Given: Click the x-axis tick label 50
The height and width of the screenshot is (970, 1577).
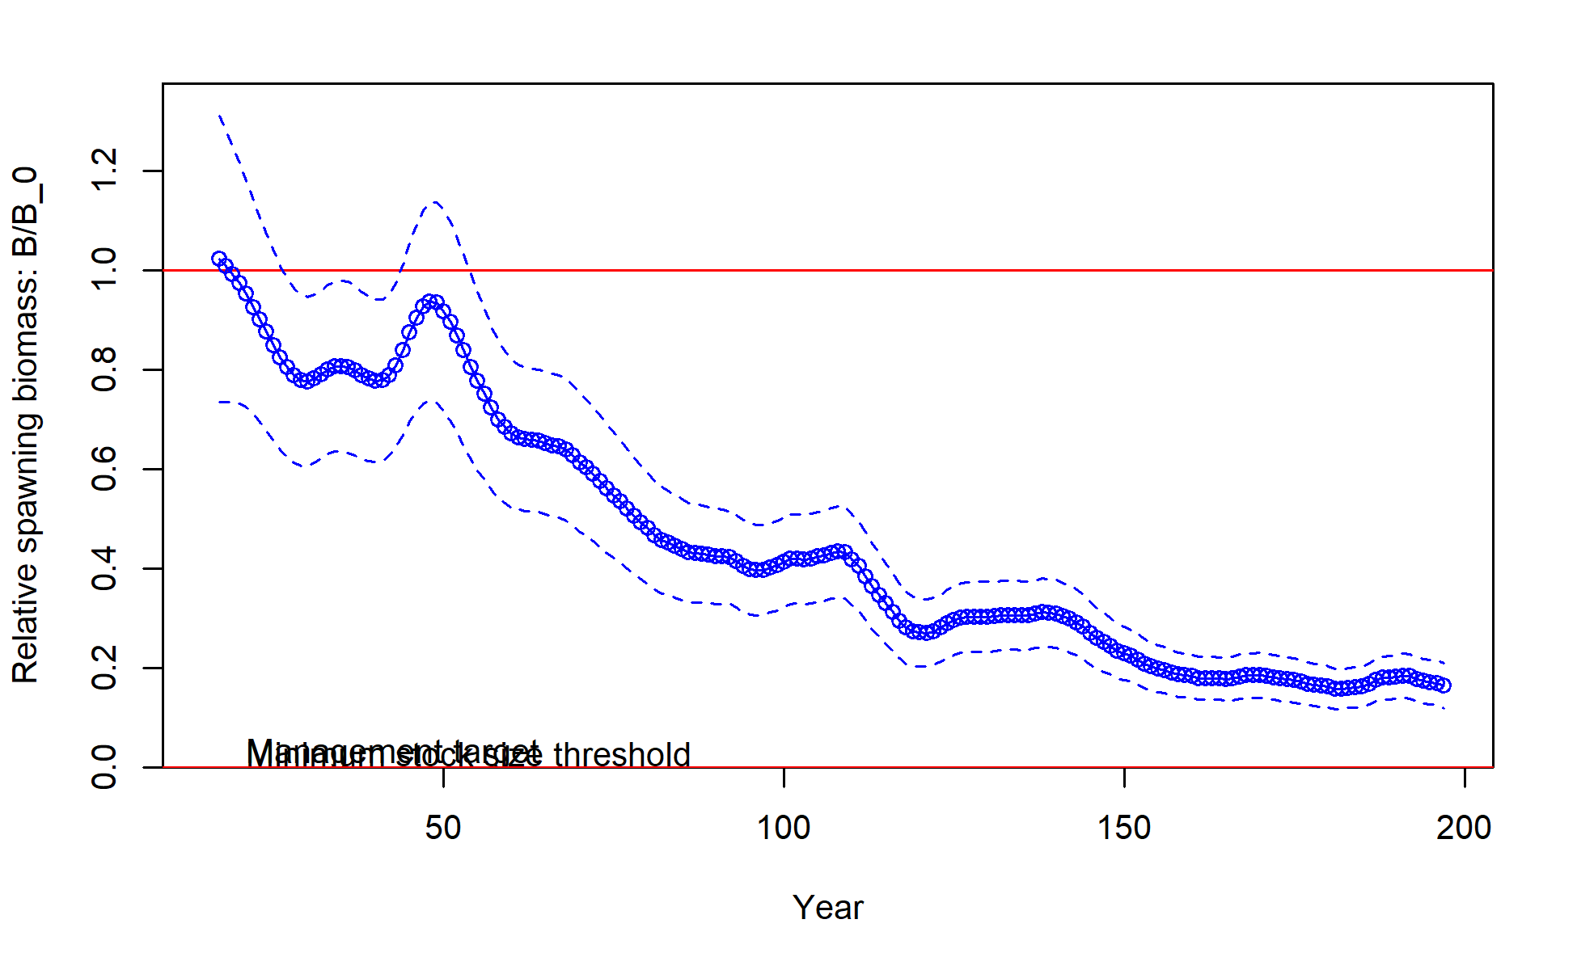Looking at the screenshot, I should tap(443, 828).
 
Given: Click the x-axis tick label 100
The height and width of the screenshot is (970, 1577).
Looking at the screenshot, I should tap(784, 828).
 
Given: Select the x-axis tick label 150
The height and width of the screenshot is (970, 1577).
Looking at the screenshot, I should tap(1124, 828).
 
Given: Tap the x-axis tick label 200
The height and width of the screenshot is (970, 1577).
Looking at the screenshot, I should tap(1464, 828).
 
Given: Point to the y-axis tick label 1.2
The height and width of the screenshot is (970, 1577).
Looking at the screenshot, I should tap(105, 171).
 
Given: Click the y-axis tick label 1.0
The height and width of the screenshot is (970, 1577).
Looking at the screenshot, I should tap(105, 270).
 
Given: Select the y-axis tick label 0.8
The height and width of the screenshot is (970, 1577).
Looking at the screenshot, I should tap(105, 369).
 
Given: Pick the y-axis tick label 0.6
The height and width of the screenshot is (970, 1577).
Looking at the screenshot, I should tap(105, 469).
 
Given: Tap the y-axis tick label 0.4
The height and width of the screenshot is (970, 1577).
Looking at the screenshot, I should tap(105, 568).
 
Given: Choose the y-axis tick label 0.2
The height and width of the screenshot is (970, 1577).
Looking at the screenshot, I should tap(105, 668).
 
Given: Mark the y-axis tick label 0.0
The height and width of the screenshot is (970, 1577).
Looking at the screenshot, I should tap(105, 767).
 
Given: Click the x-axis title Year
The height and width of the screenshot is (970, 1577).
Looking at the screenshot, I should tap(827, 908).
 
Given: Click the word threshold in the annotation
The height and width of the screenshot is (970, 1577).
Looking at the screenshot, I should tap(622, 756).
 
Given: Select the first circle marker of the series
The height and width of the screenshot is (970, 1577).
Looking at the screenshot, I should tap(219, 259).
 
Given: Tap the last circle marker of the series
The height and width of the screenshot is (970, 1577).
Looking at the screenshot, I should tap(1444, 685).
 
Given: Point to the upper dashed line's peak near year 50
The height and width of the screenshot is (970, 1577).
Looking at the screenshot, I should tap(435, 202).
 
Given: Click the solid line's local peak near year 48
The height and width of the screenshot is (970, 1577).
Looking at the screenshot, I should tap(430, 302).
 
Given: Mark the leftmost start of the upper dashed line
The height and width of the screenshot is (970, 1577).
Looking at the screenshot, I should tap(219, 116).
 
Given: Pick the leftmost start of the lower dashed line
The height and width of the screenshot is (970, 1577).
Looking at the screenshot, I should tap(219, 402).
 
